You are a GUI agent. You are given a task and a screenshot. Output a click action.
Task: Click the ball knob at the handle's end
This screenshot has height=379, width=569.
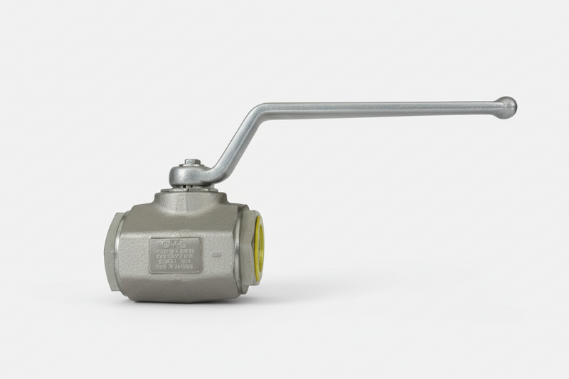[x=506, y=107]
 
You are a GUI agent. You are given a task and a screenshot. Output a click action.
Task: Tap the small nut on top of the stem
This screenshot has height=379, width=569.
[x=191, y=162]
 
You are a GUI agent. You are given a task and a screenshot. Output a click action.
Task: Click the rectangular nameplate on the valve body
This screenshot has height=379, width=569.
[x=175, y=255]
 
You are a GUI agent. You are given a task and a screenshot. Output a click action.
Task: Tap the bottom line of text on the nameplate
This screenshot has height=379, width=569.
[x=175, y=267]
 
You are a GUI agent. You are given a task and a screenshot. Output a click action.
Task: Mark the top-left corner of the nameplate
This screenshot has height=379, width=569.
[x=151, y=239]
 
